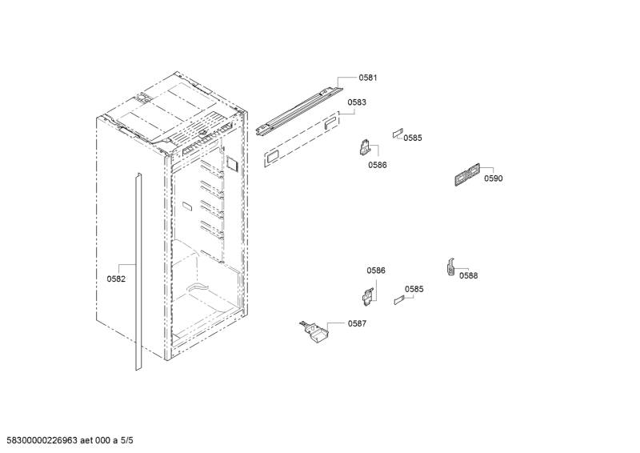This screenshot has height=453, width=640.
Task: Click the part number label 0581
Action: (368, 78)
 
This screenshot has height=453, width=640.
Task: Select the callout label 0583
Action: (357, 102)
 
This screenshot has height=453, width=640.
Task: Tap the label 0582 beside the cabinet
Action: (116, 279)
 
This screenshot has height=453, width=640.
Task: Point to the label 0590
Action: (494, 178)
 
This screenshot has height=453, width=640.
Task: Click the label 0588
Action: (468, 275)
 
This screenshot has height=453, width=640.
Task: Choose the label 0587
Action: (357, 323)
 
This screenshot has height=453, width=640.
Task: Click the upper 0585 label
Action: (413, 138)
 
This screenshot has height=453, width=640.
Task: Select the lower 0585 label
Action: (414, 289)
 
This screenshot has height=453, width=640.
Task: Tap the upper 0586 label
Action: (377, 165)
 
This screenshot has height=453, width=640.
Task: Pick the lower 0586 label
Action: (375, 271)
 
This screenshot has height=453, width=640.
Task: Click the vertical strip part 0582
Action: (138, 271)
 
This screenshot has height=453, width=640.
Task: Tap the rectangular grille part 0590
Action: (467, 174)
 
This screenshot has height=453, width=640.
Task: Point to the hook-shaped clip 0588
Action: (450, 267)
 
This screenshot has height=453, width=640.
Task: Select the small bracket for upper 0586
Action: (366, 147)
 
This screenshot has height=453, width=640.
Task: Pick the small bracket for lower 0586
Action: (368, 296)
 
